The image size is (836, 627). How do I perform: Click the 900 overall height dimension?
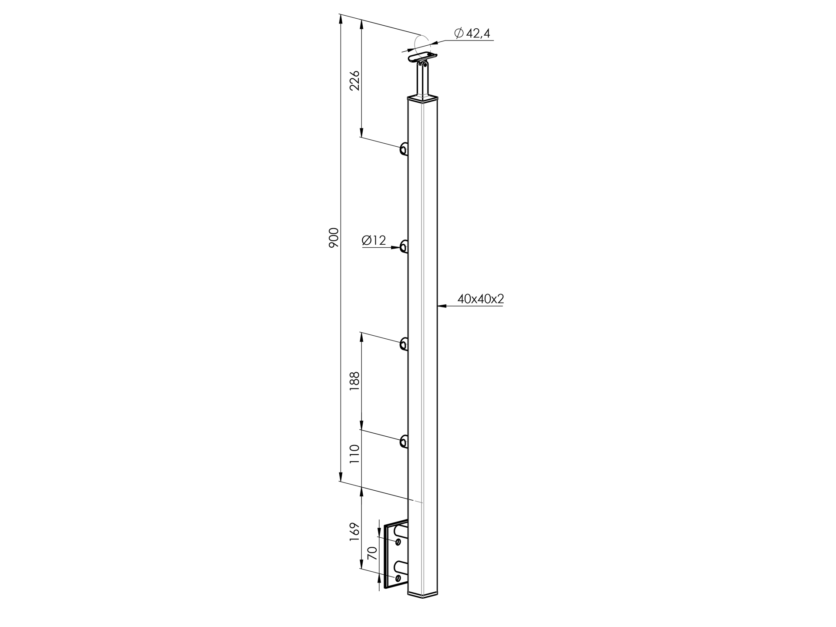pyautogui.click(x=334, y=238)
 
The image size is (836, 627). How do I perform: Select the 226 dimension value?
pyautogui.click(x=355, y=80)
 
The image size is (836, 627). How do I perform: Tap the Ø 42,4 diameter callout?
pyautogui.click(x=472, y=33)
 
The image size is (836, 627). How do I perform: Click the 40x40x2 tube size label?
pyautogui.click(x=481, y=299)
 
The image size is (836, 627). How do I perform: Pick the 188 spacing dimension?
pyautogui.click(x=355, y=381)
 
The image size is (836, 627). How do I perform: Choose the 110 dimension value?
pyautogui.click(x=355, y=454)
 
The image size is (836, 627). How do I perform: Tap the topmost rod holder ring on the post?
pyautogui.click(x=404, y=149)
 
